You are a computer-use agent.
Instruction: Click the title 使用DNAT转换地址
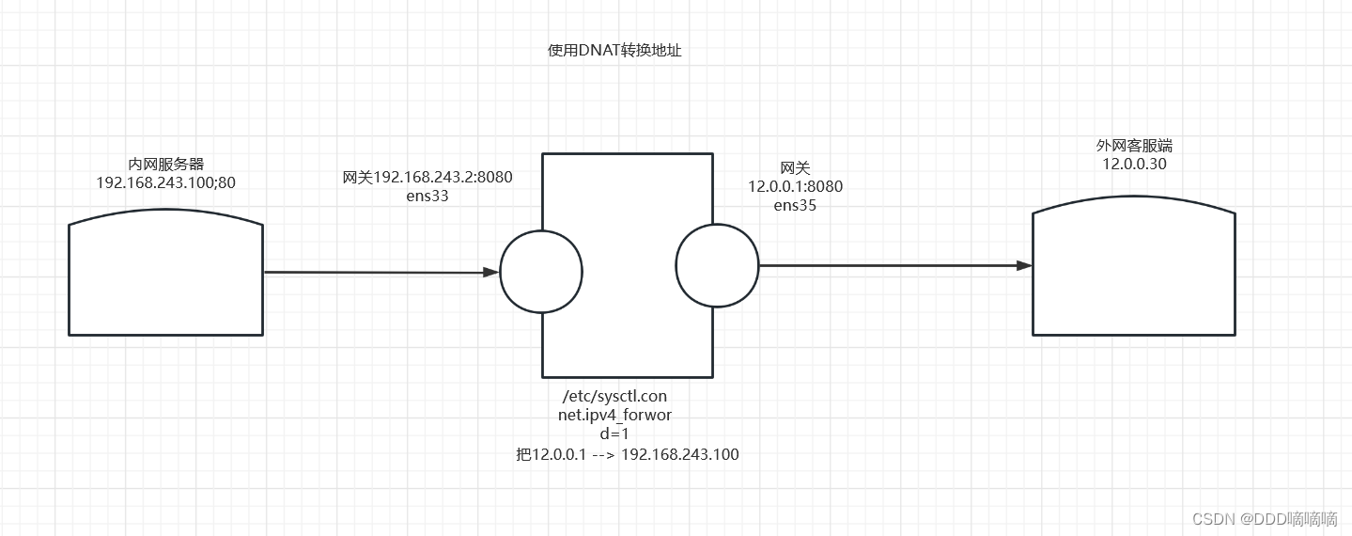point(614,52)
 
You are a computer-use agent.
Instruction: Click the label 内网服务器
point(166,165)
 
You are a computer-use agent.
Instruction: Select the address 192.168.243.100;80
point(166,182)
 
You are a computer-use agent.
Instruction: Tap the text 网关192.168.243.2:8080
point(427,177)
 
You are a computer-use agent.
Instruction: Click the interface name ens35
point(795,205)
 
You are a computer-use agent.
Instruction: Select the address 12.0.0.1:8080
point(795,186)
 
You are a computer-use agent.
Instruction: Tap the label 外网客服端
point(1134,146)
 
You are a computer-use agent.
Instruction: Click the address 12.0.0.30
point(1134,165)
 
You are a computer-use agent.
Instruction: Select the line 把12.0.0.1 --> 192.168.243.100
point(627,455)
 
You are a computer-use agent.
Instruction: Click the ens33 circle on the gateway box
point(542,272)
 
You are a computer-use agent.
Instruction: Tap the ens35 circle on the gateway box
point(716,264)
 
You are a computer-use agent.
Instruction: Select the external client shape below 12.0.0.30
point(1134,272)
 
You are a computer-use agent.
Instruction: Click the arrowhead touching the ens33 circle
point(490,273)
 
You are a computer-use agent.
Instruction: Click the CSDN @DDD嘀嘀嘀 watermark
point(1265,518)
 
